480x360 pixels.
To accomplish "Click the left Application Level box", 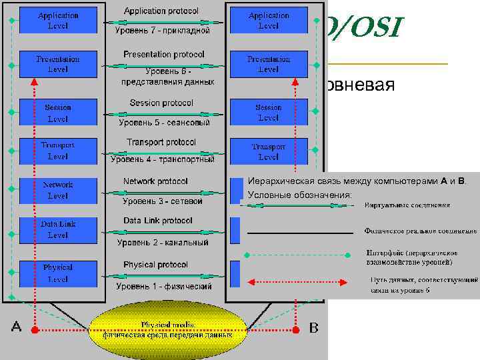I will click(x=57, y=20).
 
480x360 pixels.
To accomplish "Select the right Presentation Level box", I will click(x=268, y=64).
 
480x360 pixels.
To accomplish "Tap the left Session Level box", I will click(x=57, y=113).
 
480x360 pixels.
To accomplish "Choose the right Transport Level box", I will click(x=268, y=151).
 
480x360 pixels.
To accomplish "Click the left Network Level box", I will click(x=57, y=190).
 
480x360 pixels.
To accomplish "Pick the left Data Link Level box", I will click(x=57, y=229).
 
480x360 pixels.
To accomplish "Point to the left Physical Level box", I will click(x=57, y=273).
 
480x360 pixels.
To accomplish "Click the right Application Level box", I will click(x=268, y=20).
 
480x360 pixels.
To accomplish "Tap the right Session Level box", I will click(x=268, y=112).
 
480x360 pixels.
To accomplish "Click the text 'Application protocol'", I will click(x=165, y=11).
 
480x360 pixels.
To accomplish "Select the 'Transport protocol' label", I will click(x=161, y=142).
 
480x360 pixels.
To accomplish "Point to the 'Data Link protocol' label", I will click(x=158, y=220).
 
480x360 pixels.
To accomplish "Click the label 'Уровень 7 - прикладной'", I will click(x=163, y=31).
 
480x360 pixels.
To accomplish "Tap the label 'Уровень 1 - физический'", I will click(x=164, y=286).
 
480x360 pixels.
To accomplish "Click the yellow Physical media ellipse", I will click(x=167, y=329).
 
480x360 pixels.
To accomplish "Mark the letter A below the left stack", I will click(x=17, y=327).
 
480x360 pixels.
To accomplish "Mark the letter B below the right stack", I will click(x=315, y=327).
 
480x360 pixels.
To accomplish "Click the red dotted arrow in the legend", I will click(x=297, y=281).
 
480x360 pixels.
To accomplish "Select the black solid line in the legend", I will click(x=299, y=231).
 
